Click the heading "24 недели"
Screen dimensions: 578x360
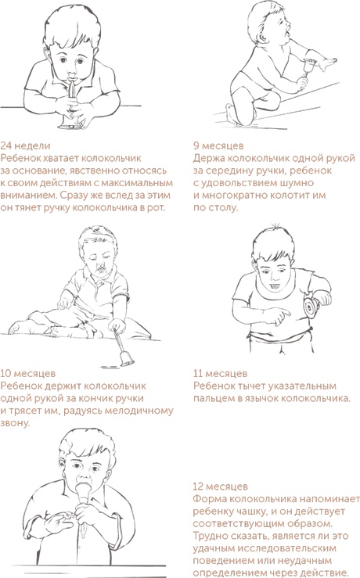(27, 145)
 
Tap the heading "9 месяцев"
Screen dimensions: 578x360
(218, 145)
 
